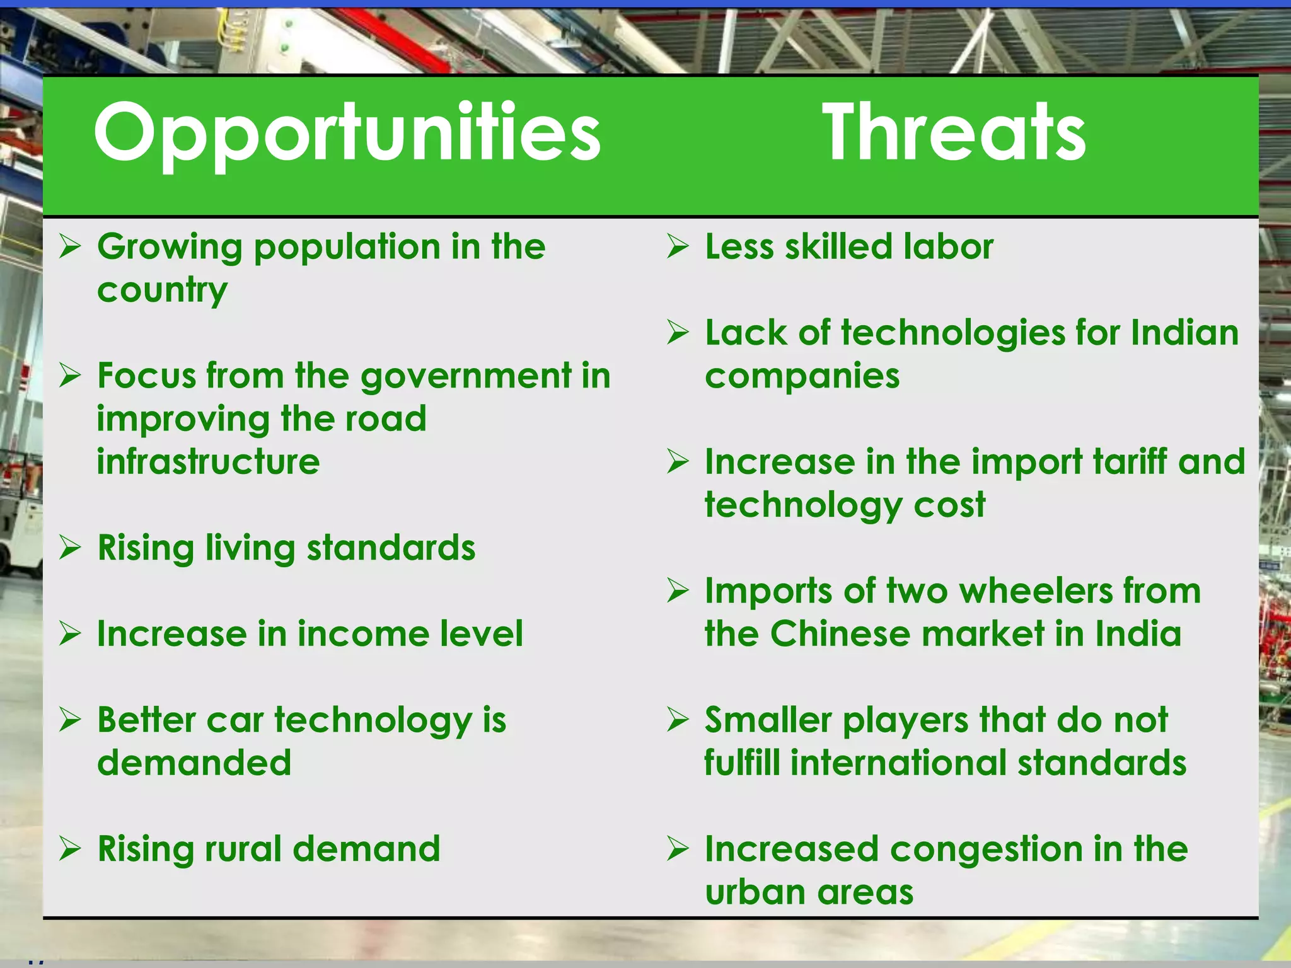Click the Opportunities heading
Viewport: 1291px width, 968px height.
tap(347, 134)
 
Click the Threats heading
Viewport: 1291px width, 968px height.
tap(954, 134)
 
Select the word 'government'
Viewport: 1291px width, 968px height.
tap(465, 377)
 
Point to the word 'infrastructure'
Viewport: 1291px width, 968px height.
tap(208, 462)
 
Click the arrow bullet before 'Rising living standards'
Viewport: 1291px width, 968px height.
tap(70, 547)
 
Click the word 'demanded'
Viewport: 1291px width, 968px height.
tap(194, 763)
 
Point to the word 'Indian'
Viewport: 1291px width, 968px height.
tap(1184, 333)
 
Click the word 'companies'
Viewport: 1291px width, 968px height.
tap(802, 377)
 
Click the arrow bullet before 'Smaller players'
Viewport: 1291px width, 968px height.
tap(678, 720)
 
